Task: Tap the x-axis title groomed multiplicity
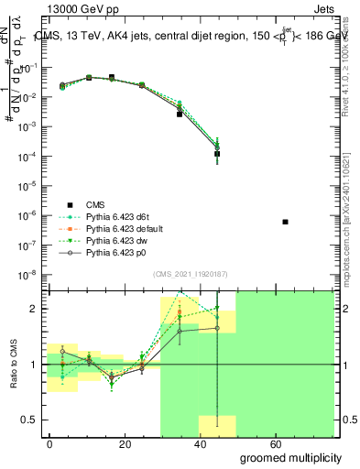pyautogui.click(x=290, y=456)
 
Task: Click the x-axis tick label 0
pyautogui.click(x=50, y=443)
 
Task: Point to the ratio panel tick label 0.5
pyautogui.click(x=28, y=420)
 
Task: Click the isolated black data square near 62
pyautogui.click(x=286, y=222)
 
